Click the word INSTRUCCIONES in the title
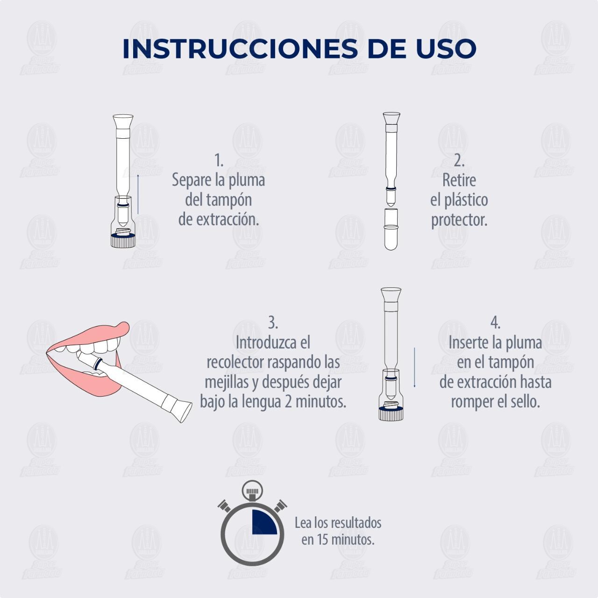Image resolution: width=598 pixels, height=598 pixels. pos(240,49)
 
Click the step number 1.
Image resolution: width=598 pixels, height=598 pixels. pos(219,160)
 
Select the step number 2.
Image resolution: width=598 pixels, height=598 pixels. pos(459,160)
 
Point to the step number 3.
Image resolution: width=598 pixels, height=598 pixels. pos(273,322)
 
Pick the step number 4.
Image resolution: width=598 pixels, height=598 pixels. pos(495,322)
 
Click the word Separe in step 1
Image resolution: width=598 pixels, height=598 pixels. pos(192,180)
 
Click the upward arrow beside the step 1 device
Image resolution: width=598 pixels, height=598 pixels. pos(138,194)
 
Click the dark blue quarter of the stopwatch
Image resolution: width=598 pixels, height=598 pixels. pos(264,522)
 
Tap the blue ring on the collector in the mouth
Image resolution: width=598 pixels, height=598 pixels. pos(98,363)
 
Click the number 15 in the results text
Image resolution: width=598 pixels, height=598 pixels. pos(322,540)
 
